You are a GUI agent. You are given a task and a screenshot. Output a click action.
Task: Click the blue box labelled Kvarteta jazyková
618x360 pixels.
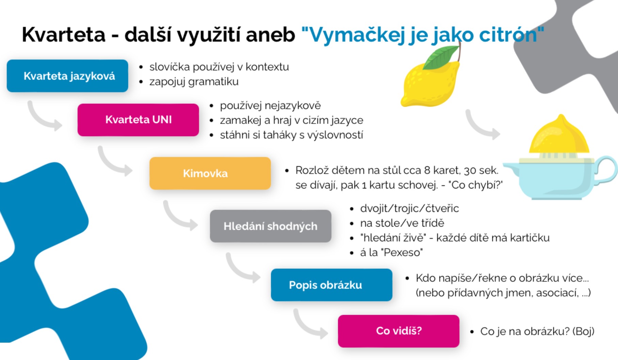(67, 76)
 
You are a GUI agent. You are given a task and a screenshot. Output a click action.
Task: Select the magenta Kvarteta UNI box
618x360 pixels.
(138, 120)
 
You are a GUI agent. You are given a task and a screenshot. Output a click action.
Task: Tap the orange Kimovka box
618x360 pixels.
(210, 173)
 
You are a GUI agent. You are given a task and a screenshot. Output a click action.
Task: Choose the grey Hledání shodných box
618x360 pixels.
(271, 226)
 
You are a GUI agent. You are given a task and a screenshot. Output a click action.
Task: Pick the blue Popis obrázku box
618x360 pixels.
(332, 285)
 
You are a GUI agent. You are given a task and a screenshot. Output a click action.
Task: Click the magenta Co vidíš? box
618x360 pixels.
(399, 331)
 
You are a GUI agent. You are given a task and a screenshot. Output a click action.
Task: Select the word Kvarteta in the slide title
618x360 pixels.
(64, 35)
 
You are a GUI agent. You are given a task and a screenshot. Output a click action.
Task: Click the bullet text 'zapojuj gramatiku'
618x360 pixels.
(194, 82)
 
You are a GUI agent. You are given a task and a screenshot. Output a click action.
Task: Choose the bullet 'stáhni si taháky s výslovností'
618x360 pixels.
(291, 135)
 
